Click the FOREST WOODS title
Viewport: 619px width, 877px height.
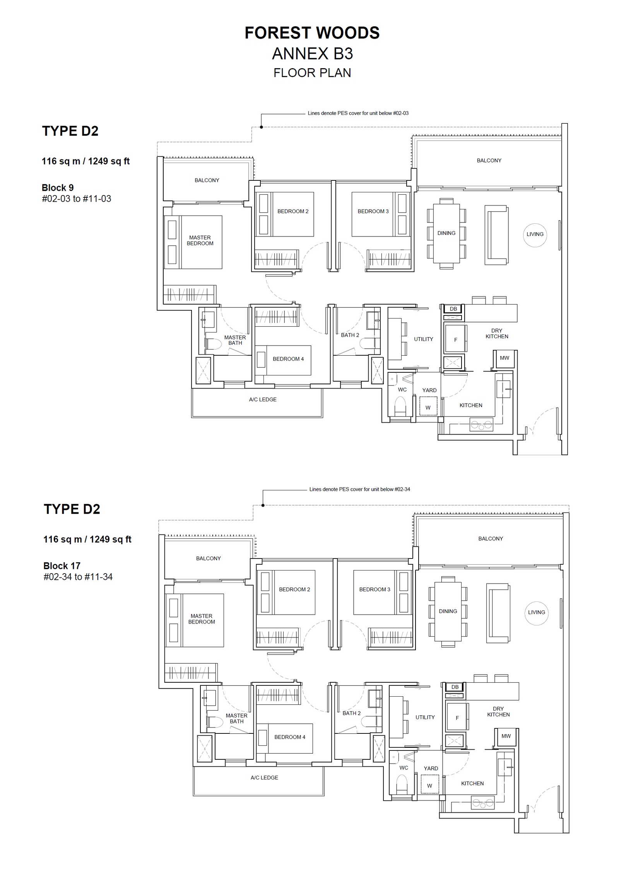312,33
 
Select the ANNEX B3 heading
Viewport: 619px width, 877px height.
312,54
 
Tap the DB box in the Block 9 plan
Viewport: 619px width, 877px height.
453,309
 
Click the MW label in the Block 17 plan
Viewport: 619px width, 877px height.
506,736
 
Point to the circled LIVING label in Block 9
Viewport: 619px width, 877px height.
535,235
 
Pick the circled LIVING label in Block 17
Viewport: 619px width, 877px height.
537,613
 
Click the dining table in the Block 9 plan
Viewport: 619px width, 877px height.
446,233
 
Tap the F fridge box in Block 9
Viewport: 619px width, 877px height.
455,339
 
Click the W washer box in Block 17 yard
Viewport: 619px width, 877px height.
429,785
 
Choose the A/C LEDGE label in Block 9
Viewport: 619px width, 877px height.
263,399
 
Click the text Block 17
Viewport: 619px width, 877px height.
62,565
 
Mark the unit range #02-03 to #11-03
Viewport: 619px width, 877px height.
77,199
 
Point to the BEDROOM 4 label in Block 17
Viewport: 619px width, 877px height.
290,737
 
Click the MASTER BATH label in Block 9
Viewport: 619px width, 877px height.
235,340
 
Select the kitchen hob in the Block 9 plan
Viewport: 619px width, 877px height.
481,425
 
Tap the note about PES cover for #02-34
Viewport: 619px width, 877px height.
360,489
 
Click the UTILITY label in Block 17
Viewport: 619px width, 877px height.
425,717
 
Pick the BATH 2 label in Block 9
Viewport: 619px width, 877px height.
350,335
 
